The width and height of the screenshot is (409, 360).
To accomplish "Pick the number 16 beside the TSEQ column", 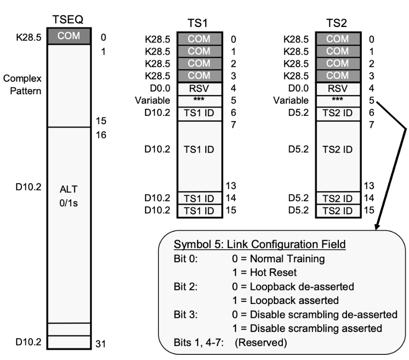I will [101, 135].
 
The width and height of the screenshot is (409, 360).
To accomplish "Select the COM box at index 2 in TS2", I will [338, 64].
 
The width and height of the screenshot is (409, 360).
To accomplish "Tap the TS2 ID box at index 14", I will [338, 198].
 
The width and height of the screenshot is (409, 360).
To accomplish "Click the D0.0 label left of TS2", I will [299, 88].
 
